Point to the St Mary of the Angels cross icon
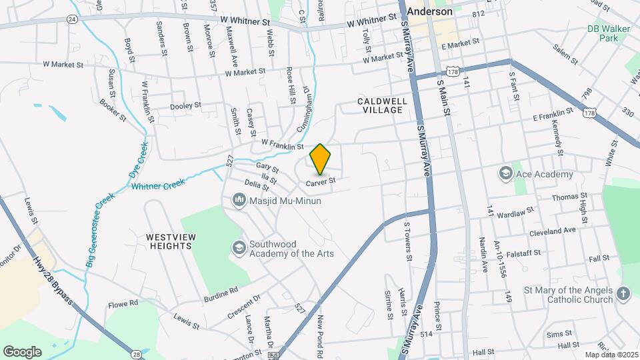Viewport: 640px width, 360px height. (623, 294)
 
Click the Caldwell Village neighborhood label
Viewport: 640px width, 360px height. (380, 105)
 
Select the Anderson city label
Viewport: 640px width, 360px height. (429, 11)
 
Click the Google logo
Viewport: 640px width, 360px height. (22, 351)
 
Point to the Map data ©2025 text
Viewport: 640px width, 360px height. (611, 355)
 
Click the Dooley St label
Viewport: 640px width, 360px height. (185, 105)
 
